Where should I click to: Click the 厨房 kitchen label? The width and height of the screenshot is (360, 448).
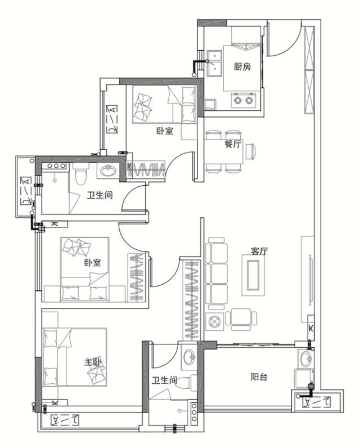coord(242,67)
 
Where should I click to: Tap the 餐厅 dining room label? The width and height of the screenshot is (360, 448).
coord(233,144)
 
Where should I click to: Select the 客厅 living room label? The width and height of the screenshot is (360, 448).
coord(259,251)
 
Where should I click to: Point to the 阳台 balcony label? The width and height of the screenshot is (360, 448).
coord(259,377)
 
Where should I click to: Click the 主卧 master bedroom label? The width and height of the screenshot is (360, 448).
coord(92,362)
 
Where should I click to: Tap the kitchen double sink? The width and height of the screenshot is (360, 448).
coord(215,64)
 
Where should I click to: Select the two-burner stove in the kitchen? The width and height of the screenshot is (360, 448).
coord(242,100)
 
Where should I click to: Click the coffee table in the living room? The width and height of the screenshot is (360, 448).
coord(253,275)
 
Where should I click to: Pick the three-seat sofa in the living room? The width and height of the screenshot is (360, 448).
coord(217,274)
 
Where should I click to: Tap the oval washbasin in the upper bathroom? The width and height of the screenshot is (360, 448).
coord(108,171)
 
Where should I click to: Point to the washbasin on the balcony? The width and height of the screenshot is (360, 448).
coord(306,359)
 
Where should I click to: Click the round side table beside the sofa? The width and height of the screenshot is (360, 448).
coord(214,321)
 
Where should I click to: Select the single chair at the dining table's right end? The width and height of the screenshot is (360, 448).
coord(251,151)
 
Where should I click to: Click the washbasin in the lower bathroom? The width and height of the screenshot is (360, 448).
coord(188,357)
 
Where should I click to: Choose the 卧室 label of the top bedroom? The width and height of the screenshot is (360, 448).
coord(165,131)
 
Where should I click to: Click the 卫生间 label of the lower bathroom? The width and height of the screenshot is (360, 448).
coord(164,380)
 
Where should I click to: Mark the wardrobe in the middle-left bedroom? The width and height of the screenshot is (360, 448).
coord(137,277)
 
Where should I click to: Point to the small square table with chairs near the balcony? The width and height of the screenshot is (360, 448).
coord(241,319)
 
